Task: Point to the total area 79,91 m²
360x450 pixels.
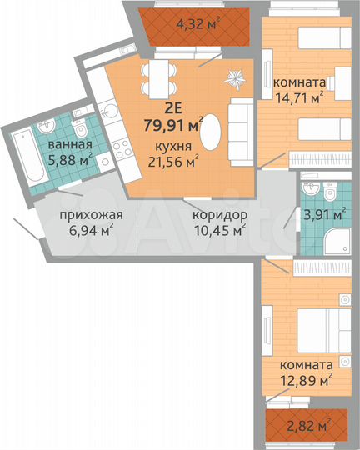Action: point(176,127)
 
